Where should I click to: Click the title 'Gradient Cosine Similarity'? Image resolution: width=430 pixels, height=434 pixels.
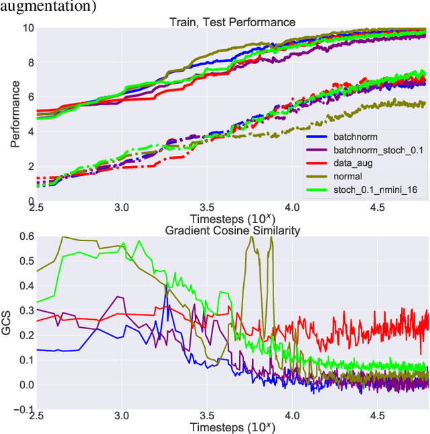click(232, 230)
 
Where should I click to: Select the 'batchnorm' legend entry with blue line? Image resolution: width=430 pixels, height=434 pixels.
click(355, 138)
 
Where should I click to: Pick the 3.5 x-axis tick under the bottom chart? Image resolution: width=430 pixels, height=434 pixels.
click(207, 416)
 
